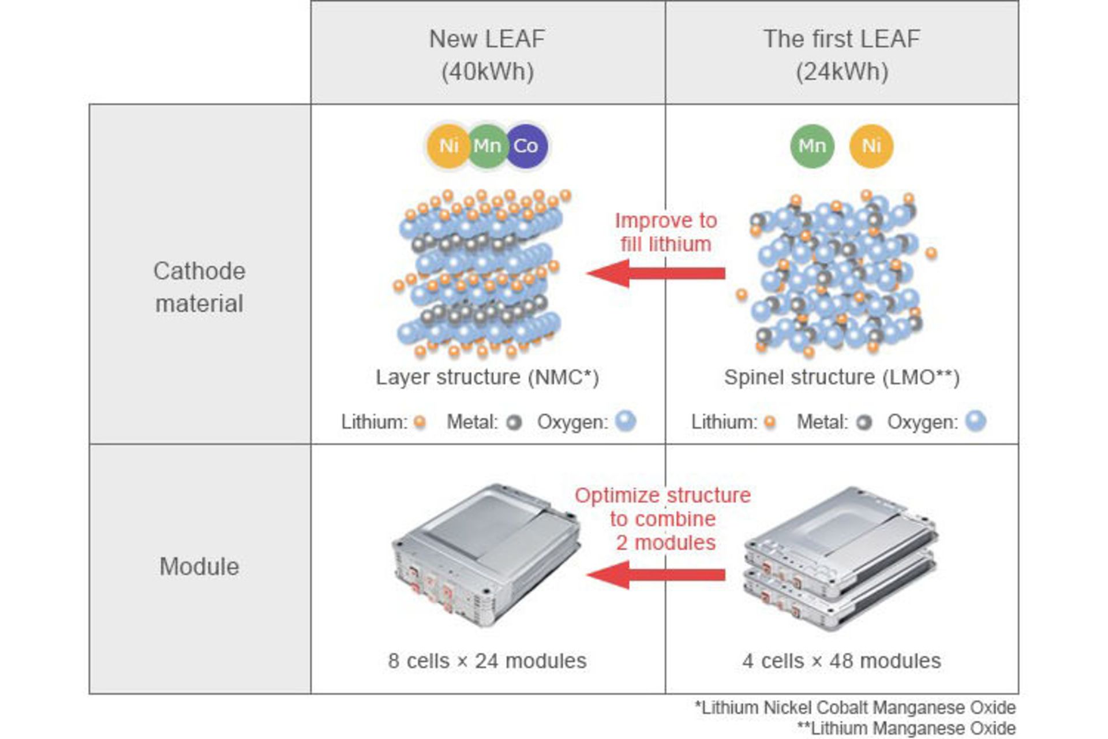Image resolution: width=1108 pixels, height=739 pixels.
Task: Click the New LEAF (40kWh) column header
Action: [x=488, y=55]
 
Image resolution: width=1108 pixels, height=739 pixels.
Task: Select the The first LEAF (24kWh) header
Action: [x=841, y=55]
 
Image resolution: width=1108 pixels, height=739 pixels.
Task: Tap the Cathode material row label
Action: [x=199, y=287]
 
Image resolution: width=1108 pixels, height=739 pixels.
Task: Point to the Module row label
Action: [x=199, y=566]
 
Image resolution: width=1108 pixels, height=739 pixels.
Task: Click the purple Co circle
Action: [x=526, y=146]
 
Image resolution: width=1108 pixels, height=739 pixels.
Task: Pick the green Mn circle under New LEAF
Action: [x=487, y=146]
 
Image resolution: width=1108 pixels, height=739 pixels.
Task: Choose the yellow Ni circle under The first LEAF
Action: [x=871, y=146]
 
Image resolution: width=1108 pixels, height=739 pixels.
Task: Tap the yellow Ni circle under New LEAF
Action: [x=448, y=146]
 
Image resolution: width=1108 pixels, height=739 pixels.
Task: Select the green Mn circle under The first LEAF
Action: [x=812, y=146]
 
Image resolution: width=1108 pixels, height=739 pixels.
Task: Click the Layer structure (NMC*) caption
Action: [x=488, y=377]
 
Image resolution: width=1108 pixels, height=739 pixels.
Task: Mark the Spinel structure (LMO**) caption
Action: [x=841, y=377]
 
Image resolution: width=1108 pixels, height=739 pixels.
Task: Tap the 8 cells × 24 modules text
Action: [x=488, y=660]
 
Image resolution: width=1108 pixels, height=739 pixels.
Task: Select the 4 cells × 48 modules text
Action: [x=841, y=660]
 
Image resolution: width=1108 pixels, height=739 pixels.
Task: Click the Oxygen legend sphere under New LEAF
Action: [x=626, y=421]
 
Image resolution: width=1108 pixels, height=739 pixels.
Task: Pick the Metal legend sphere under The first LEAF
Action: [x=863, y=423]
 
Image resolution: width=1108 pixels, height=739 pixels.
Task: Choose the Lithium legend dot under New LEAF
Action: [x=420, y=423]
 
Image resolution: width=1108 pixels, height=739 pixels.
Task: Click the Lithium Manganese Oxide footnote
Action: [x=907, y=728]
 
